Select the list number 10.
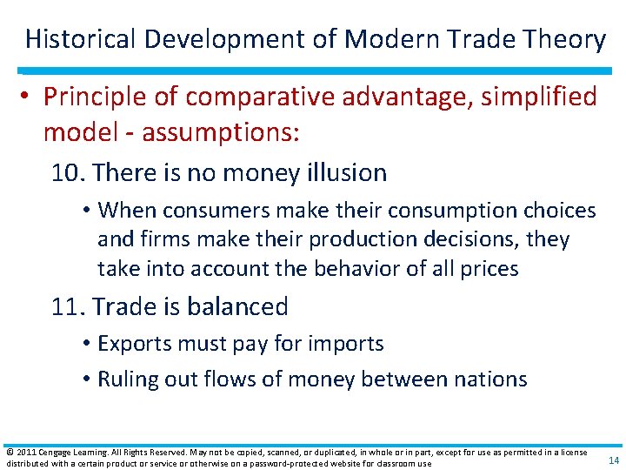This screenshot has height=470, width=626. click(x=67, y=173)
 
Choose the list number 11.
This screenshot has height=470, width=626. click(x=67, y=306)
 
